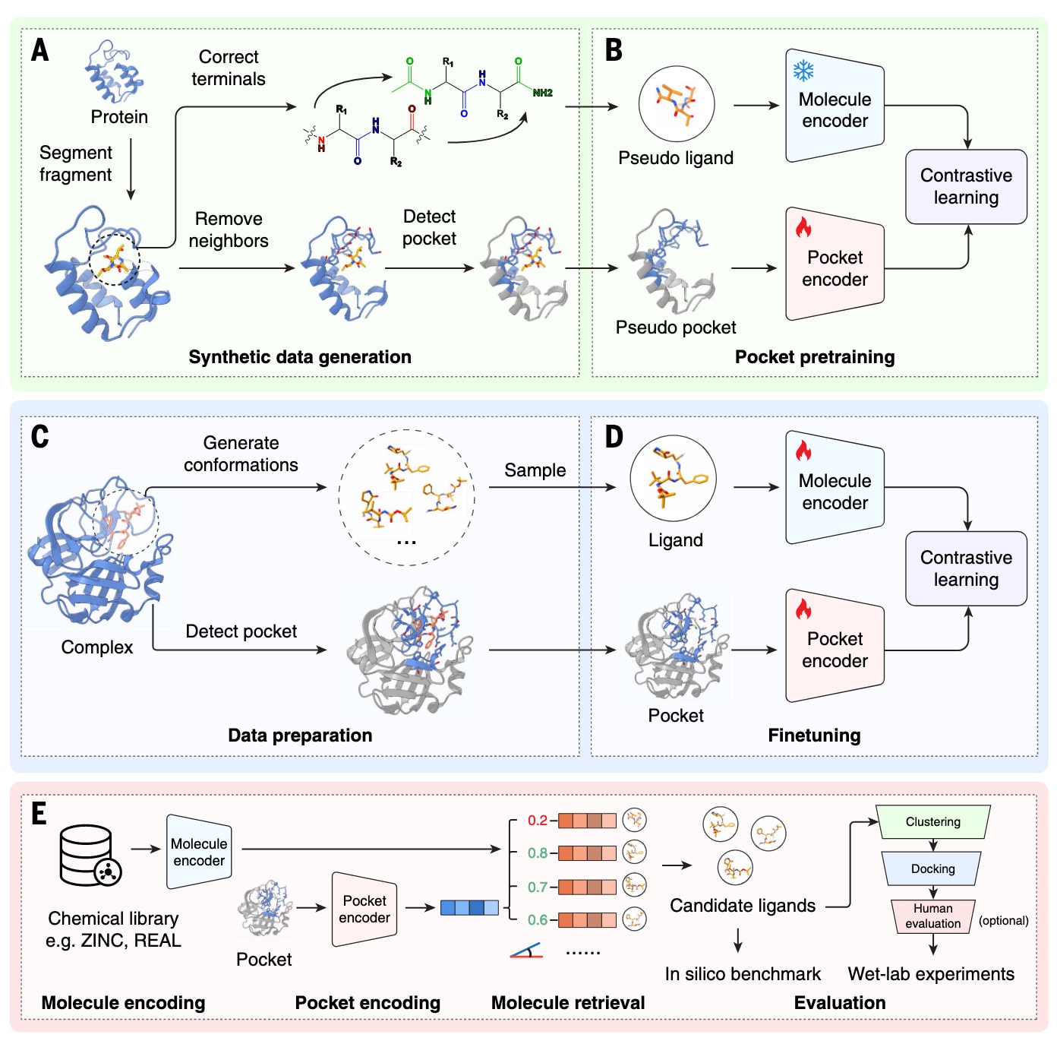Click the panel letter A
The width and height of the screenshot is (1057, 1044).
(39, 50)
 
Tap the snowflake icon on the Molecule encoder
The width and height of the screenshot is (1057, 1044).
(803, 71)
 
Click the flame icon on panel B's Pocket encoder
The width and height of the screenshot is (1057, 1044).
(803, 227)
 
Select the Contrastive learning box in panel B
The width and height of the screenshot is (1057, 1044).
(966, 187)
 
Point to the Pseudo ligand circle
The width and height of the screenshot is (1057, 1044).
(676, 104)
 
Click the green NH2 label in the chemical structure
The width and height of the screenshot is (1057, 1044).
(542, 93)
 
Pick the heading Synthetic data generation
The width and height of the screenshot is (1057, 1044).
(300, 357)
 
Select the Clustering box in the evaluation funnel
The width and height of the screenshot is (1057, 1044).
(932, 822)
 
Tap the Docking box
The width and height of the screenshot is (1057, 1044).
(932, 868)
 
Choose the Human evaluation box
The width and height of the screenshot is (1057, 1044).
(932, 916)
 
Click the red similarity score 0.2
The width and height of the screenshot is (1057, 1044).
(538, 821)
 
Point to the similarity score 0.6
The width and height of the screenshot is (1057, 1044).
(538, 919)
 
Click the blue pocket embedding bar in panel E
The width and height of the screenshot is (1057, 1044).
(469, 907)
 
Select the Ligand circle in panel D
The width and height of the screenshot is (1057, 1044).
(673, 478)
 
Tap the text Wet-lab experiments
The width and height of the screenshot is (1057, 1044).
(931, 974)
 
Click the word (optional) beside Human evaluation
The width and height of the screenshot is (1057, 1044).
(1003, 920)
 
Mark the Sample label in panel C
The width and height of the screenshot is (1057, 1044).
(535, 470)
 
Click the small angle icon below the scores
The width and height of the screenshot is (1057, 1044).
(526, 951)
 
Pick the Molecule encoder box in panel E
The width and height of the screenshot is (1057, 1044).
(199, 852)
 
